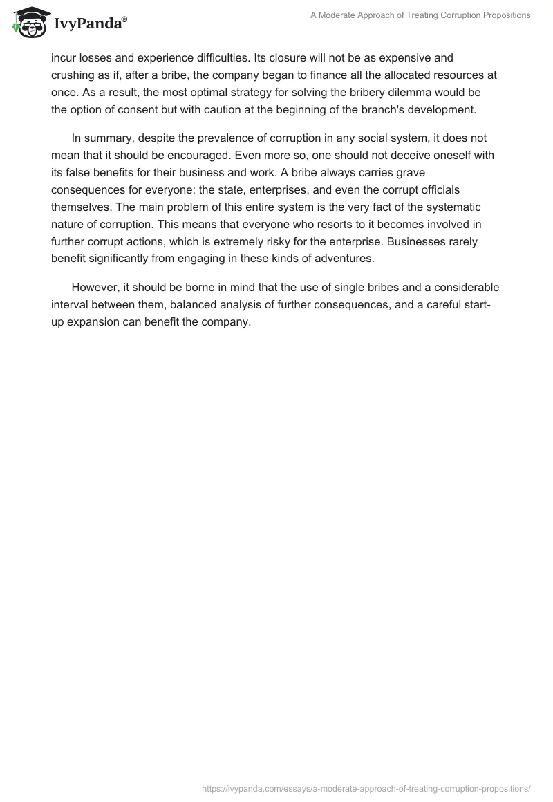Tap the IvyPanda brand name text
coord(88,25)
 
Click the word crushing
coord(73,75)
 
